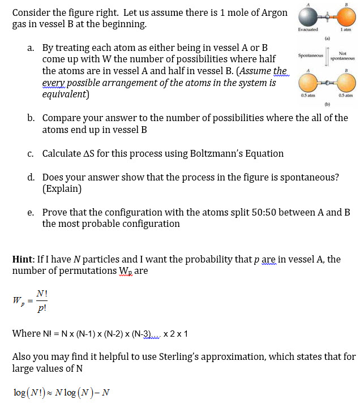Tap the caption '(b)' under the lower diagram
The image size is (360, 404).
[x=327, y=105]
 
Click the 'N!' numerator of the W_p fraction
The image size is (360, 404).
[x=41, y=293]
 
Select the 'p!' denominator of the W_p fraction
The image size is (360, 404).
[x=41, y=309]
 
